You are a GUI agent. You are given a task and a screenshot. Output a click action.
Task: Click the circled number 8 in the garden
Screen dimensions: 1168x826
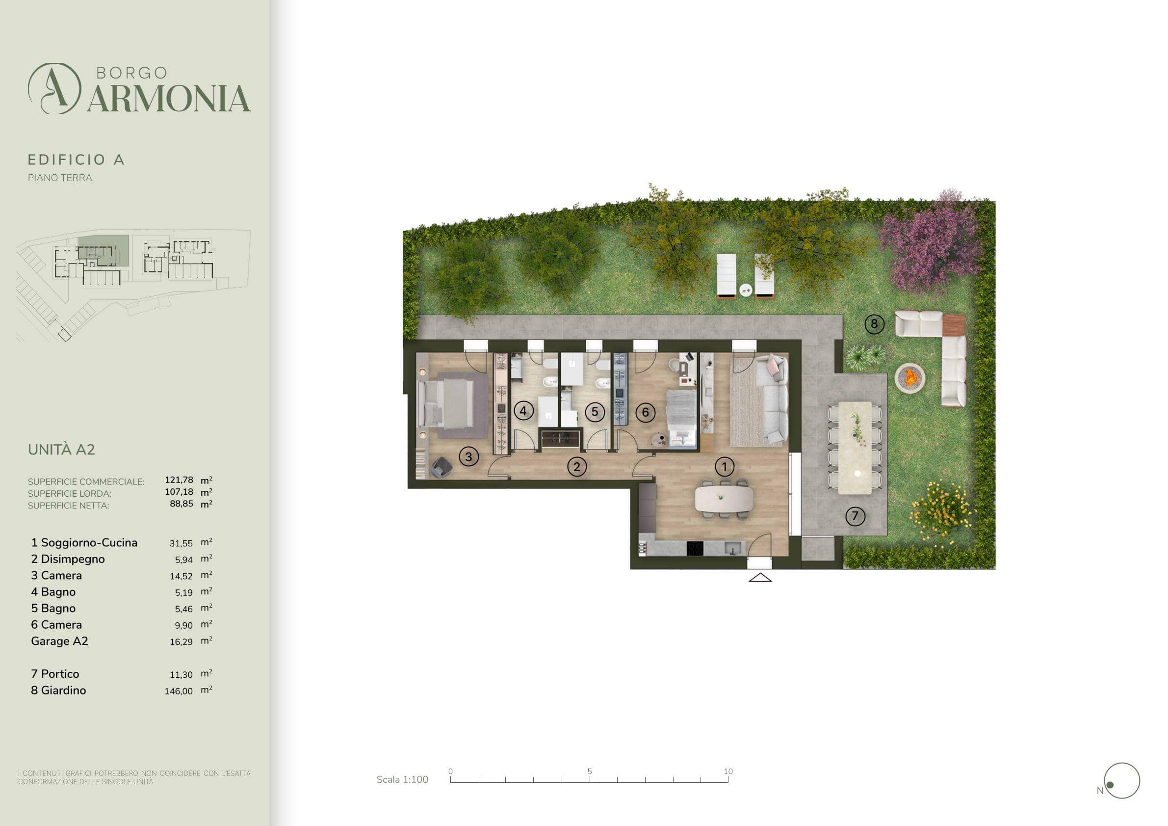click(874, 324)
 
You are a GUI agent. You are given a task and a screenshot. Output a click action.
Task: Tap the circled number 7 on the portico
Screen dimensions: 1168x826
click(855, 516)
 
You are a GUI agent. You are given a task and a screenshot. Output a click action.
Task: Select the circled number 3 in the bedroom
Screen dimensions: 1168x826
click(468, 456)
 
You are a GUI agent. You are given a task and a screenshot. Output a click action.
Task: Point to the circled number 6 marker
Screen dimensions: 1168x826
click(646, 412)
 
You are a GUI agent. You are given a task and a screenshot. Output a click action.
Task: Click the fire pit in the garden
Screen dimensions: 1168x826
click(909, 377)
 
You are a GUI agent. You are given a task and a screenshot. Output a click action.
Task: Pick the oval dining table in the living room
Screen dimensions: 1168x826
click(724, 499)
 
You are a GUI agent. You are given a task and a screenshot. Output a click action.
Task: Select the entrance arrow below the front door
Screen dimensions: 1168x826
click(760, 577)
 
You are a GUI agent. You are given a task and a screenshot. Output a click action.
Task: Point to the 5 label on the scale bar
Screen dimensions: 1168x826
click(590, 772)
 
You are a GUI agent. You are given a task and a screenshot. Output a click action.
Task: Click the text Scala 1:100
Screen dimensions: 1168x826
click(402, 780)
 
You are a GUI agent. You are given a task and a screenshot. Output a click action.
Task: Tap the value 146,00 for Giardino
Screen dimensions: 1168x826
click(179, 691)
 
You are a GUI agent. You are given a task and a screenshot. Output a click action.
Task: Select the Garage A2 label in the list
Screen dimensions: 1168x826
click(59, 641)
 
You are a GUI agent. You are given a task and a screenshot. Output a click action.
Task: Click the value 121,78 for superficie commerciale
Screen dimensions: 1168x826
click(179, 480)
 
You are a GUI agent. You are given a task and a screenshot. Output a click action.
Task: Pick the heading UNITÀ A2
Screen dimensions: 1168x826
click(61, 450)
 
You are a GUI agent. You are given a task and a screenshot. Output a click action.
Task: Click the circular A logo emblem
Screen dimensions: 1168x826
click(54, 88)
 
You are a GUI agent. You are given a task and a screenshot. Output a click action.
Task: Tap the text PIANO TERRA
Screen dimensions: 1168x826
click(60, 178)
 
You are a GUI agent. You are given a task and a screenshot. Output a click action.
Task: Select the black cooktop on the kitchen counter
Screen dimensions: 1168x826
click(695, 548)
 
